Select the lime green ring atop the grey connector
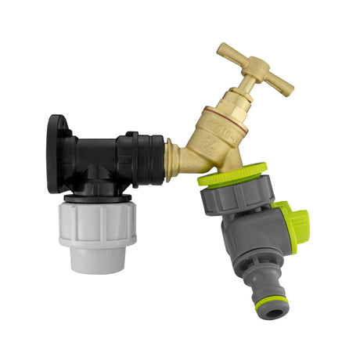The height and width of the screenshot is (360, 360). pos(232,173)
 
